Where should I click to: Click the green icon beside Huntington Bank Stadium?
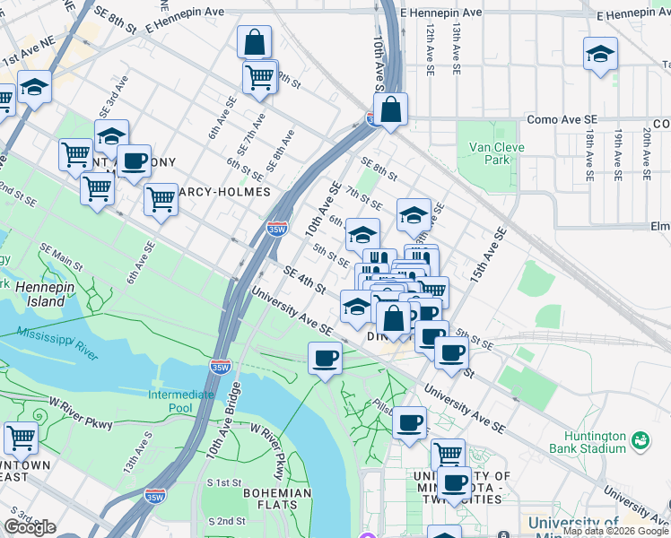click(640, 440)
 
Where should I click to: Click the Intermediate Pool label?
click(181, 401)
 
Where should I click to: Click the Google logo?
click(30, 527)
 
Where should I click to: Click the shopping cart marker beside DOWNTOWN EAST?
click(21, 438)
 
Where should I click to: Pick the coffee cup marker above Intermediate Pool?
click(325, 360)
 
